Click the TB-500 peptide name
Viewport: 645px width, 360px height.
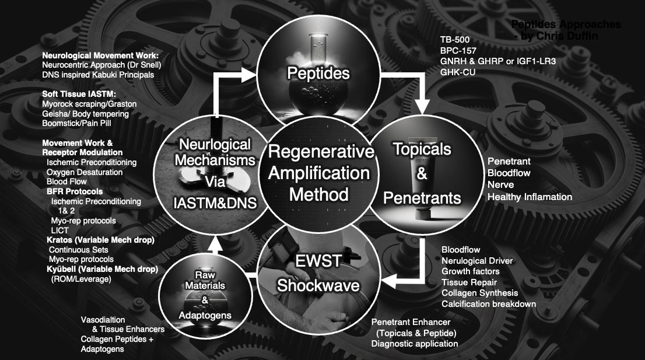click(455, 40)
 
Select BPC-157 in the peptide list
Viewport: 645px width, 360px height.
click(458, 50)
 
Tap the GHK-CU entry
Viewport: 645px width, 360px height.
click(457, 72)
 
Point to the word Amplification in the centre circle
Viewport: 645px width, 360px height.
click(320, 173)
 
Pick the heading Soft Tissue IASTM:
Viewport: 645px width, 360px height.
click(79, 93)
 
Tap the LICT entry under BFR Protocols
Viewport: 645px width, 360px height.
click(59, 230)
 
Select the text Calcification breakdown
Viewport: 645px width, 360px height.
click(489, 304)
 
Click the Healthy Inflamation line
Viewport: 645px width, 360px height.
click(530, 197)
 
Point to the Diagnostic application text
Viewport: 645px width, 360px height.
click(415, 343)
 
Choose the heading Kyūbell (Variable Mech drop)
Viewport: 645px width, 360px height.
click(103, 269)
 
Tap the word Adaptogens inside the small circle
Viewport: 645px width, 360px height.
click(205, 316)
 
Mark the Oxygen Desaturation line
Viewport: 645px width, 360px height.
click(85, 172)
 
